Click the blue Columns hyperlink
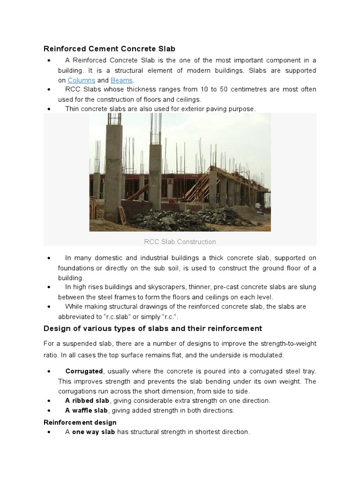coord(81,80)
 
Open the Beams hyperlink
coord(121,80)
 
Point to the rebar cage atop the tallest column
coord(114,123)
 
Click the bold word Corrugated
coord(84,371)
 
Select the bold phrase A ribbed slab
coord(87,401)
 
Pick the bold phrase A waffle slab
coord(87,411)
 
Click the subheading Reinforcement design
coord(80,422)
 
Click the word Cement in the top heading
coord(100,49)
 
